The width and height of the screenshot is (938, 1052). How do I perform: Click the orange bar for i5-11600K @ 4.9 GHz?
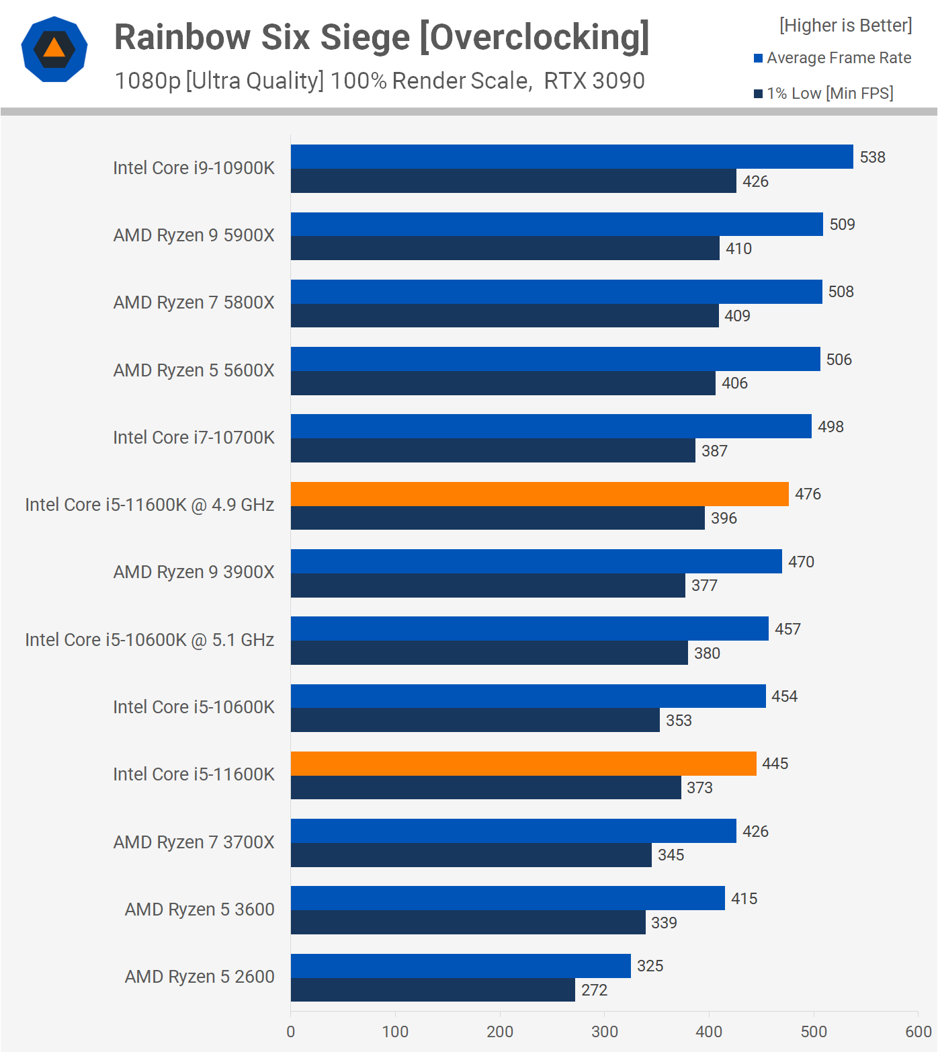[x=540, y=494]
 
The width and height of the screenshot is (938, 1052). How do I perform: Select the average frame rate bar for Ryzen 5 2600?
[x=460, y=966]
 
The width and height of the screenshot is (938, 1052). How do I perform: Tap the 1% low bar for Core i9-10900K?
[x=513, y=181]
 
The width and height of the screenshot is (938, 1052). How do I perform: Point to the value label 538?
[x=872, y=157]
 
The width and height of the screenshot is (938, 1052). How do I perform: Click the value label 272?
[x=594, y=990]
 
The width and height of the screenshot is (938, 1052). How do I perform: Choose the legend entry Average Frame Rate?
[x=839, y=58]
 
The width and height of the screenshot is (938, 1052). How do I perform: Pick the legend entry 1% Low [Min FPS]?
[x=830, y=93]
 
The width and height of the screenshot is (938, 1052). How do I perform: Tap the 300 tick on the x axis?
[x=604, y=1032]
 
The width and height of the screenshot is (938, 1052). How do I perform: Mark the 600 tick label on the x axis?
[x=918, y=1032]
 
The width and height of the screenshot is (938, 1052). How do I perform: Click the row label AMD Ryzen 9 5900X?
[x=194, y=235]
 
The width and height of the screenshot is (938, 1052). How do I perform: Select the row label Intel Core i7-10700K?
[x=194, y=438]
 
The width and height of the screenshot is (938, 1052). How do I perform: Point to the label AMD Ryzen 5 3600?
[x=200, y=909]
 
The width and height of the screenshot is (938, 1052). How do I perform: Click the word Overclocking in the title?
[x=535, y=37]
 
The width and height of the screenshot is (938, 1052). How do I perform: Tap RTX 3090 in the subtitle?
[x=594, y=81]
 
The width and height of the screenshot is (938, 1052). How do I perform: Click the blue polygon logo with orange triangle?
[x=54, y=49]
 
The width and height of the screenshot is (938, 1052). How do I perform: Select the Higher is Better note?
[x=845, y=26]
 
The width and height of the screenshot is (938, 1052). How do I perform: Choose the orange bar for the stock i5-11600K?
[x=523, y=764]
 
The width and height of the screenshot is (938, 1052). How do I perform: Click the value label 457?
[x=787, y=629]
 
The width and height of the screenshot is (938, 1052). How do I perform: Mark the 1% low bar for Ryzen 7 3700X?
[x=471, y=855]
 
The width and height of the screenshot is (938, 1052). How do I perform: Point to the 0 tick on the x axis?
[x=291, y=1032]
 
